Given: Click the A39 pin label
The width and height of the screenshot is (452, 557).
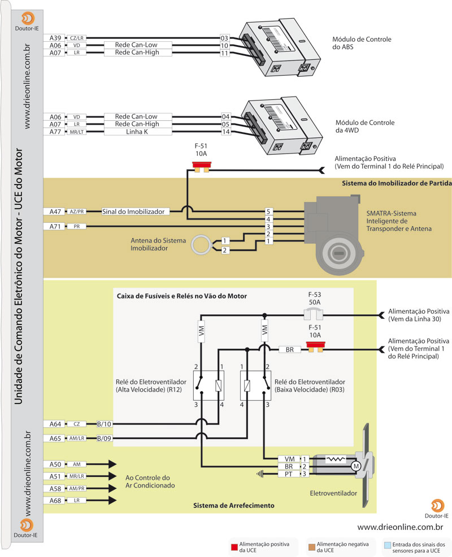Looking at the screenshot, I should point(55,38).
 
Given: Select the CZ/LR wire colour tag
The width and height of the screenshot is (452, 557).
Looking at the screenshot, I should point(76,38).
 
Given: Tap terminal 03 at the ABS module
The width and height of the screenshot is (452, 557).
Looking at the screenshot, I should point(224,38).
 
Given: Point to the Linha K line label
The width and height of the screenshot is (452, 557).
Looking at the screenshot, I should point(137,132).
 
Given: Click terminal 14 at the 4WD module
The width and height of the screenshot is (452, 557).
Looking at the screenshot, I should point(225,132).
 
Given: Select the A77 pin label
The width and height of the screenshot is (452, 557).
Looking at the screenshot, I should point(55,132).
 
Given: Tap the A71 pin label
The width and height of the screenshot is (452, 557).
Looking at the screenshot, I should point(55,226).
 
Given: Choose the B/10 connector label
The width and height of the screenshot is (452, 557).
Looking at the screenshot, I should point(105,424).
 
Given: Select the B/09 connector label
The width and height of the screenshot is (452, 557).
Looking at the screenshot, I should point(105,438).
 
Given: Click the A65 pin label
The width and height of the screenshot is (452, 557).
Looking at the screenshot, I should point(55,438).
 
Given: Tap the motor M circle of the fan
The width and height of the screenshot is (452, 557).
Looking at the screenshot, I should point(356,466).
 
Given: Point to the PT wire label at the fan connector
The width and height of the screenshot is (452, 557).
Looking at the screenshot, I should point(289,474).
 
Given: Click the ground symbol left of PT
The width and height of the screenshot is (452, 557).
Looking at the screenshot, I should point(260,474).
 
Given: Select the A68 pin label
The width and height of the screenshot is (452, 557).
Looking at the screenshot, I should point(55,501).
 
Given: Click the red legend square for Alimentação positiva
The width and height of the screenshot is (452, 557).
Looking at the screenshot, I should point(233,546).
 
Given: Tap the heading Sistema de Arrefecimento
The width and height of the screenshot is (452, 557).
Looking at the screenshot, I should point(233,506).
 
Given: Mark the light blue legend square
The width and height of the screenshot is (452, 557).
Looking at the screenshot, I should point(387,546).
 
